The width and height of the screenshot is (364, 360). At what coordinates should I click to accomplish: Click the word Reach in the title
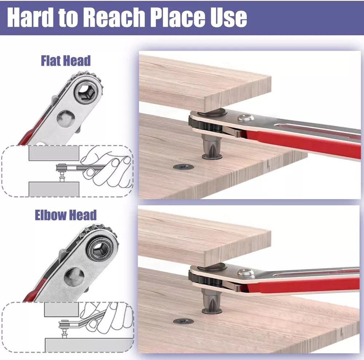click(x=114, y=17)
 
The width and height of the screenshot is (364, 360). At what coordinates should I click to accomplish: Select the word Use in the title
click(x=229, y=17)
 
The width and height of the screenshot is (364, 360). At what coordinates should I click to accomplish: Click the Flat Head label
click(x=66, y=61)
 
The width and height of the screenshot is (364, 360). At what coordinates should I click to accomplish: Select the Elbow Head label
click(x=66, y=215)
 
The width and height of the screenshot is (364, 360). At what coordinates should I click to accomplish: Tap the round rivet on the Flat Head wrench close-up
click(x=66, y=118)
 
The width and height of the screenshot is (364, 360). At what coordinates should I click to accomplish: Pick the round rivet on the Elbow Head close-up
click(x=74, y=277)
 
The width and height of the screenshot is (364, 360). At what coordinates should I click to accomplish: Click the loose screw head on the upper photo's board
click(x=183, y=167)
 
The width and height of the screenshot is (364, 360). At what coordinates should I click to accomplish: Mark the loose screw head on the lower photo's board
click(x=183, y=321)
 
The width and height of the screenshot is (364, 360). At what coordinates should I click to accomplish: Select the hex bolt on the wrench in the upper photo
click(x=246, y=118)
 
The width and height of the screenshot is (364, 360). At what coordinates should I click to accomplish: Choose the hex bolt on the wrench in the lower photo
click(x=246, y=272)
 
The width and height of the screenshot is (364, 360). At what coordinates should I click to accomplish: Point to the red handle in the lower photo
click(x=300, y=285)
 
